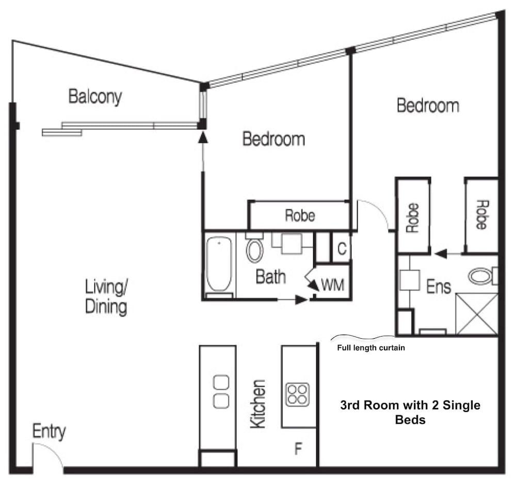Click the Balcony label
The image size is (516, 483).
tap(95, 97)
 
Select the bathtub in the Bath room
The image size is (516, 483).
tap(219, 264)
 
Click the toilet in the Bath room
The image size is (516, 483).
tap(255, 248)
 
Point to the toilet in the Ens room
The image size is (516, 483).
tap(483, 276)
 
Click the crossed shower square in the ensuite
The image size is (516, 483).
tap(477, 314)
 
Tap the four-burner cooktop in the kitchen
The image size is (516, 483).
tap(298, 394)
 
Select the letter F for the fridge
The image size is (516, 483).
tap(298, 448)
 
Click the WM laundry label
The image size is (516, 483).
tap(332, 285)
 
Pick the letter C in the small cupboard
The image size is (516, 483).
tap(342, 248)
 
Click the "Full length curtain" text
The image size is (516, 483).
tap(371, 348)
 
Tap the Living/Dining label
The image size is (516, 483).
tap(106, 297)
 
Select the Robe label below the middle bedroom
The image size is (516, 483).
tap(300, 215)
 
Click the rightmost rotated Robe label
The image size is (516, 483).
tap(481, 215)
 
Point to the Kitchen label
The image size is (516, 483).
tap(257, 404)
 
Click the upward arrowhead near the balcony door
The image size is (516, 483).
tap(203, 137)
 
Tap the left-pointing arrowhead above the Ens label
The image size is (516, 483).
tap(441, 254)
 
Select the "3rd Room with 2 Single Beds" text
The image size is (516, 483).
tap(410, 412)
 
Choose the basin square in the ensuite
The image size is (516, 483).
tap(410, 280)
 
